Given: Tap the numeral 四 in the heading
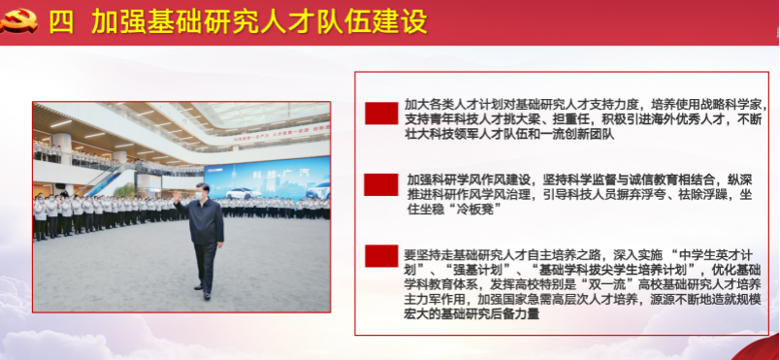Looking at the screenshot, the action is (x=62, y=23).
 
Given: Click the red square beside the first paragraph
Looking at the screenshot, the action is (x=381, y=113).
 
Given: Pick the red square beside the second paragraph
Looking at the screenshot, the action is (x=381, y=184).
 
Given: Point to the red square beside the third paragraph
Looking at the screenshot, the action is (x=381, y=256).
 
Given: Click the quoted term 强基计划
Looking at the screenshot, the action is (x=474, y=271).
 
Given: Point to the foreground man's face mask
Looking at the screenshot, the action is (x=201, y=196).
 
